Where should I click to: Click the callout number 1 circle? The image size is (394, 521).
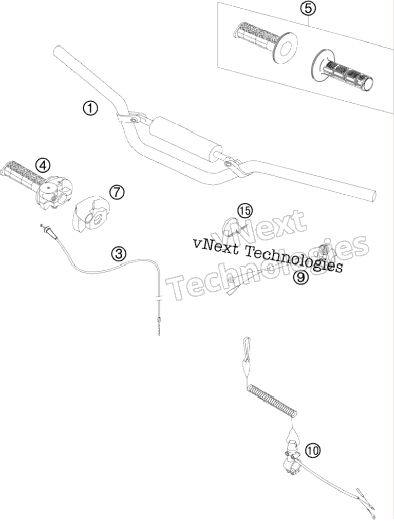pos(91,108)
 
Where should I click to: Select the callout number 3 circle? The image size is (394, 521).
pos(119,254)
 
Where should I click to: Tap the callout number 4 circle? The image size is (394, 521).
pos(44,164)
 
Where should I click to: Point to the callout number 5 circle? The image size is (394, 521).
pos(308,9)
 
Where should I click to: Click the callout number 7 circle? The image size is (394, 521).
pos(117,192)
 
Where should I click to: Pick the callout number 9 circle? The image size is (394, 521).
pos(300,276)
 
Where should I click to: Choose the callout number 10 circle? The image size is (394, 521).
pos(313,450)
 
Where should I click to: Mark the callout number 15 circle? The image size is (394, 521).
pos(245,210)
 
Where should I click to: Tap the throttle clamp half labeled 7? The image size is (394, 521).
pos(91,213)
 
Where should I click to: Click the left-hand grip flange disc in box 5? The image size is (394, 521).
pos(286,47)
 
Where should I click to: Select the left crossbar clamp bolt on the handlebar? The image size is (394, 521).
pos(133,120)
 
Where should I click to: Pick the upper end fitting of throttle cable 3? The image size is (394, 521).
pos(50,230)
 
